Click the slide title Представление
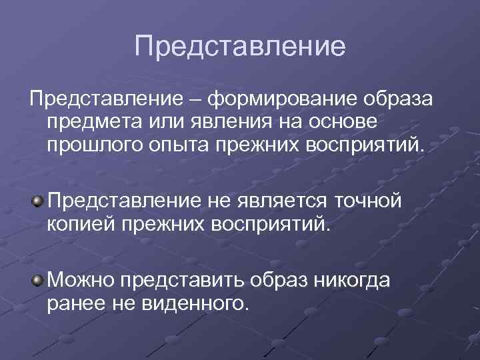tap(240, 47)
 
